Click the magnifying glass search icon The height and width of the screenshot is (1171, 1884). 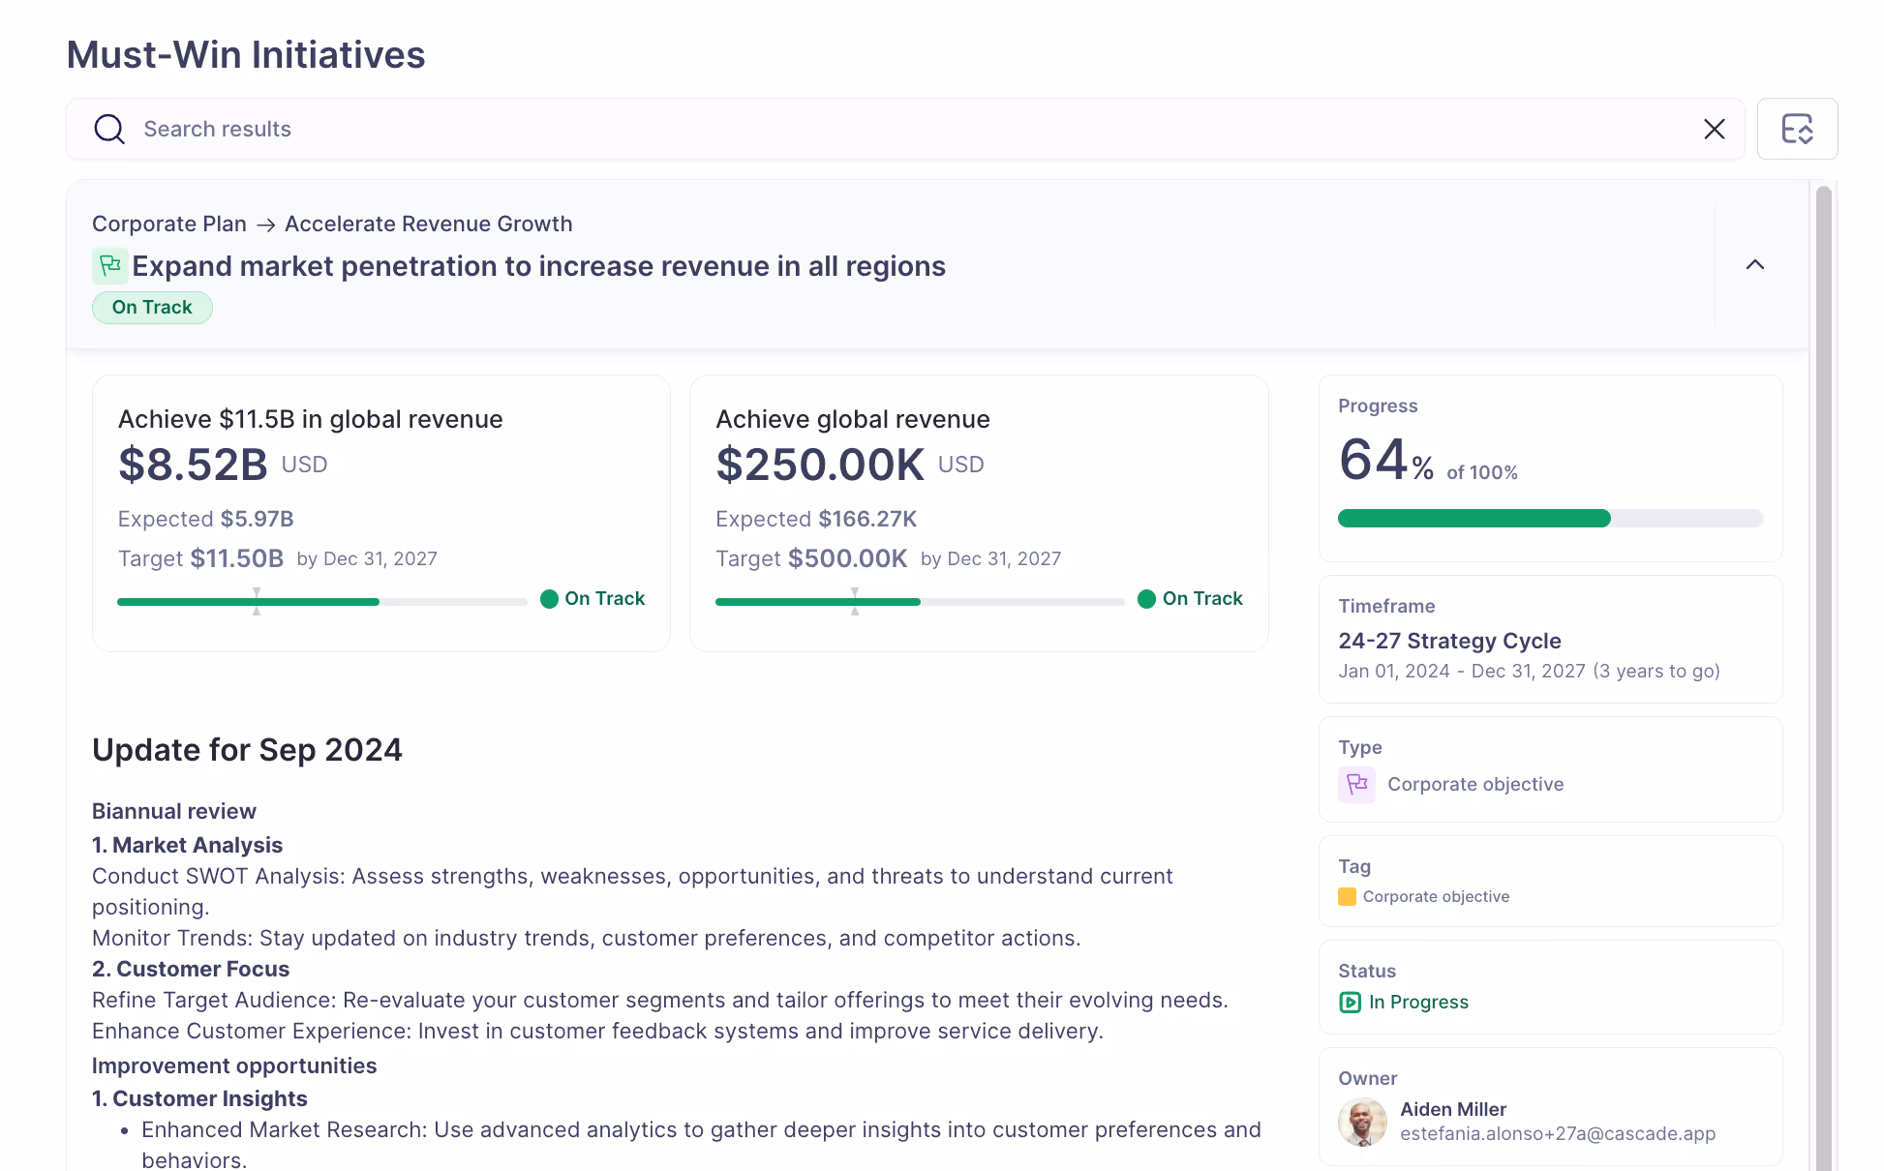[x=109, y=129]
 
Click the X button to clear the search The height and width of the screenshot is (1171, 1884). [x=1714, y=129]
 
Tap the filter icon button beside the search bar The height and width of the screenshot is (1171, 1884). [x=1797, y=129]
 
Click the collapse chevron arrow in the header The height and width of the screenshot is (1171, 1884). [x=1754, y=264]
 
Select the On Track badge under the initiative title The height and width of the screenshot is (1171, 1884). [x=152, y=308]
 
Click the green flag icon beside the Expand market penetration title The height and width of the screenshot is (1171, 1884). [x=110, y=265]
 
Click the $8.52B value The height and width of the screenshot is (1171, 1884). [x=193, y=465]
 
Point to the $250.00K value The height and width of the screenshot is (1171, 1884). [x=820, y=465]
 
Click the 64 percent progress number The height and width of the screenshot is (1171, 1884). [x=1374, y=460]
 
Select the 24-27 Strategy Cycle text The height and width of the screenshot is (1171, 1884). [x=1449, y=641]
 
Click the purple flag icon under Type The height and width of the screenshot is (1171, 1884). [x=1356, y=784]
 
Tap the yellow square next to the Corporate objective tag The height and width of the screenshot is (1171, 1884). [x=1347, y=896]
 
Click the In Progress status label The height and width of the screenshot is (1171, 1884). [x=1417, y=1002]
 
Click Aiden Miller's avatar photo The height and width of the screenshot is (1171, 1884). [x=1362, y=1122]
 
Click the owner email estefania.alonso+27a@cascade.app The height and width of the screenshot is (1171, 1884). [x=1557, y=1133]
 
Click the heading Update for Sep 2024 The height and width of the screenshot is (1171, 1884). [x=247, y=750]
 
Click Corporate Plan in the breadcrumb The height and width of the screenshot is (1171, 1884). [x=169, y=224]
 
